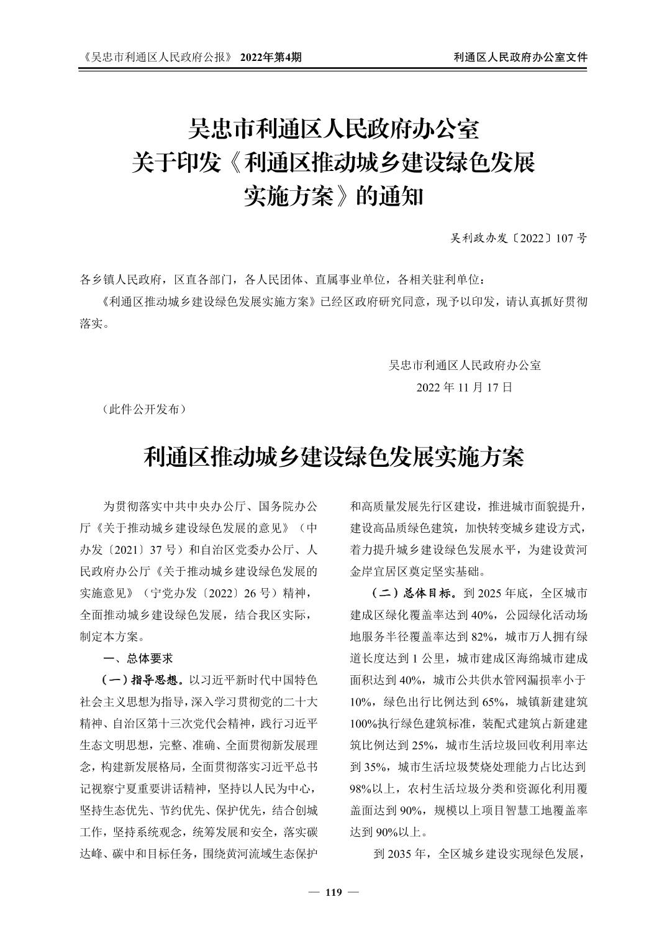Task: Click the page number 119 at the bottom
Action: tap(333, 893)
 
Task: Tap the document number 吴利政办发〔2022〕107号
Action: tap(519, 238)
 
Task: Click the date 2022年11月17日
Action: tap(465, 387)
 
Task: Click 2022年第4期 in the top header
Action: tap(271, 57)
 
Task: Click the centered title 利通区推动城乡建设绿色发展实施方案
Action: tap(333, 457)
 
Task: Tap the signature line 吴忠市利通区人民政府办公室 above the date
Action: tap(465, 365)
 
